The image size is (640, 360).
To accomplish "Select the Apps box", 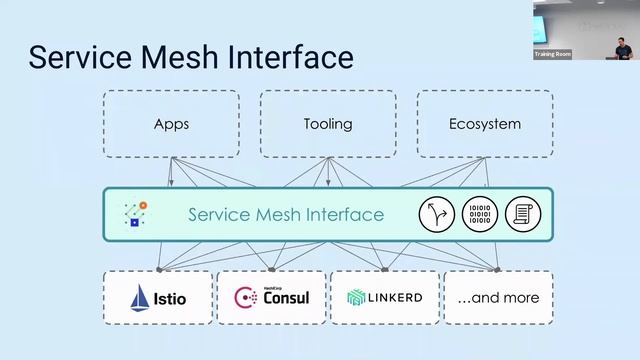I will click(171, 124).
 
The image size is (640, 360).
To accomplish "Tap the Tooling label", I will click(328, 124).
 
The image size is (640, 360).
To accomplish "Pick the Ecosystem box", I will click(484, 124).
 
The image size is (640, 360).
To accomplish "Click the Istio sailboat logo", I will click(140, 297).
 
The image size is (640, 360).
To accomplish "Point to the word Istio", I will click(170, 298).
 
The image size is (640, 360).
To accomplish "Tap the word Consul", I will click(287, 299).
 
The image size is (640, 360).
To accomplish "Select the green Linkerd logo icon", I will click(356, 298).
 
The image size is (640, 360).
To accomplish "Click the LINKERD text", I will click(395, 298).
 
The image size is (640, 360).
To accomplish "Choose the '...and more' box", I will click(498, 297).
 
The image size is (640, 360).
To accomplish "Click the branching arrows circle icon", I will click(437, 214).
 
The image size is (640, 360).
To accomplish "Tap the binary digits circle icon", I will click(480, 214).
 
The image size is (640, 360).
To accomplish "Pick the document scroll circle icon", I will click(522, 214).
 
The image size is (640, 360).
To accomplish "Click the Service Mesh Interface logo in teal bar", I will click(136, 214).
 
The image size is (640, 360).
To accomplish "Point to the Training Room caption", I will click(552, 54).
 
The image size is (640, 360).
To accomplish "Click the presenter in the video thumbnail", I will click(619, 46).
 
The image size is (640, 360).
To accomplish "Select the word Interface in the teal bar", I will click(347, 215).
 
